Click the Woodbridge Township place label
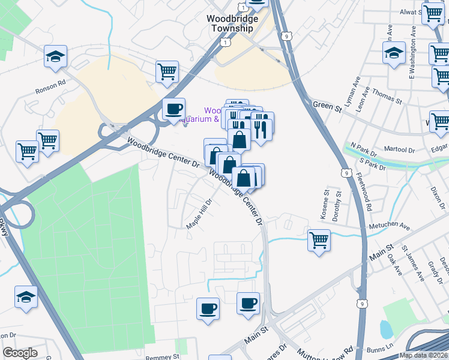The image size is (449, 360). [x=232, y=23]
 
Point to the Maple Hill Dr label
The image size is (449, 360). [x=200, y=214]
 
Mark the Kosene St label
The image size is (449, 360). [x=327, y=203]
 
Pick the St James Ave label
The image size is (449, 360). [x=413, y=259]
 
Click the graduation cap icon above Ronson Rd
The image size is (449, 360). [x=56, y=57]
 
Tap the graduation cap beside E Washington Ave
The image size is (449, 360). [x=394, y=53]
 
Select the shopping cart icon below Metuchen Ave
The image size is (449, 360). [x=319, y=241]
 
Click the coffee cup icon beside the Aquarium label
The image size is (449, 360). [x=174, y=109]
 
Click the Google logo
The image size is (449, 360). [x=20, y=353]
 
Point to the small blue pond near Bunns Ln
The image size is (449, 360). [x=387, y=328]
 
